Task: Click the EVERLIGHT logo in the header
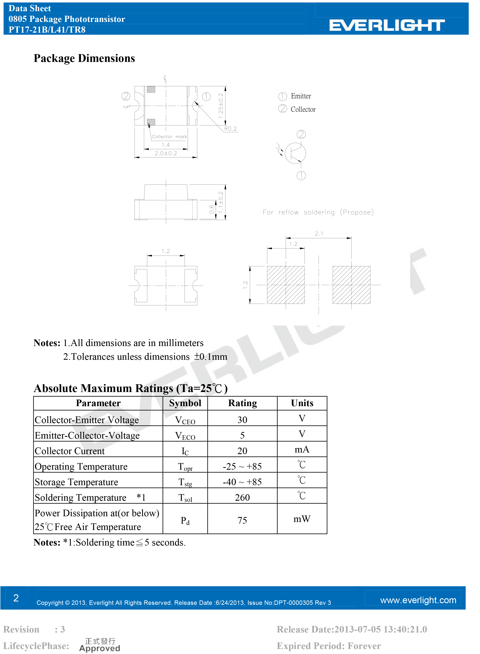click(x=387, y=25)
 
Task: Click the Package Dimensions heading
click(x=84, y=58)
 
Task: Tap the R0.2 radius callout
click(x=230, y=129)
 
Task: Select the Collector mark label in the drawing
click(x=169, y=137)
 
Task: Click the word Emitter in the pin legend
click(x=301, y=96)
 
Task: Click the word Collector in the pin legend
click(x=303, y=109)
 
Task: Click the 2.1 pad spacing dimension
click(x=319, y=233)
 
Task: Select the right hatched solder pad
click(x=351, y=285)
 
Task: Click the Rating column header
click(x=242, y=403)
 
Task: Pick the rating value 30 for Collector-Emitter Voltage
click(x=242, y=420)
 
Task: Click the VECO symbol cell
click(x=185, y=435)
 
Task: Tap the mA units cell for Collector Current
click(x=302, y=450)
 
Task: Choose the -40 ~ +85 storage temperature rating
click(x=242, y=482)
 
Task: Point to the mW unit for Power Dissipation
click(x=302, y=519)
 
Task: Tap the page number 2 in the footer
click(x=16, y=598)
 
